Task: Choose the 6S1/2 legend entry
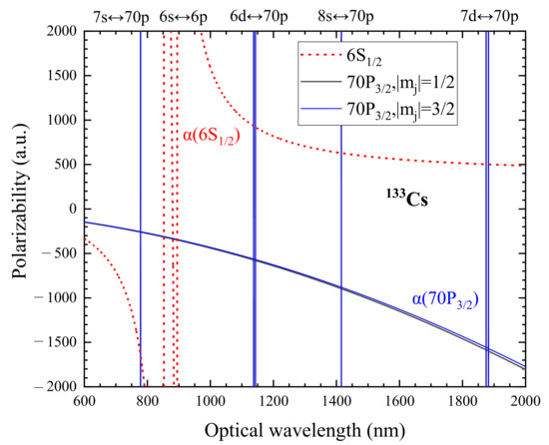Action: [387, 57]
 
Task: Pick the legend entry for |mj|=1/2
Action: [414, 83]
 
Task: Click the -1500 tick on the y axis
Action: [54, 341]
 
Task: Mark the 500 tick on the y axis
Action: [61, 165]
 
